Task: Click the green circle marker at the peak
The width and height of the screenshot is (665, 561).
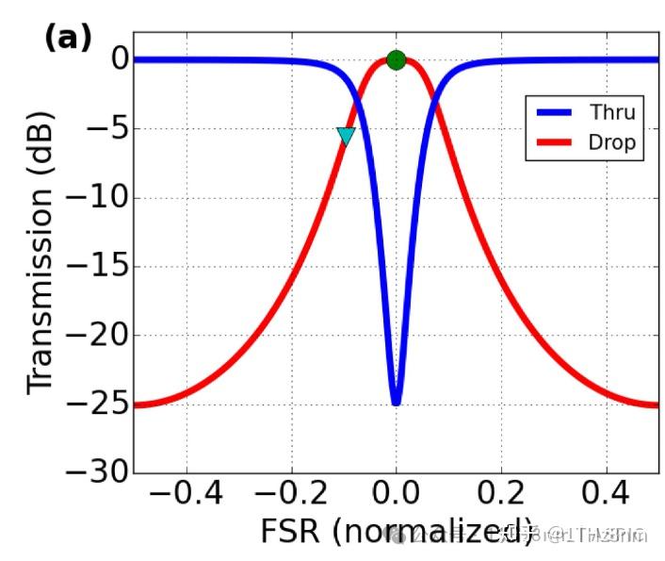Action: pos(396,60)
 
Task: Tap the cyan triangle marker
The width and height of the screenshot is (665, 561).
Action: pos(346,137)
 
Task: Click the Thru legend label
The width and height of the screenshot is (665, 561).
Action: pos(612,113)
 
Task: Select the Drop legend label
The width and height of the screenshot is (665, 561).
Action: pos(612,143)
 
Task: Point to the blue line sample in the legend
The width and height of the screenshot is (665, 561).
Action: pos(557,113)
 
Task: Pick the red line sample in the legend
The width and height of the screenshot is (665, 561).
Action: pos(557,143)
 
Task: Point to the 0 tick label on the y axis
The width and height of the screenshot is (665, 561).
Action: pos(118,60)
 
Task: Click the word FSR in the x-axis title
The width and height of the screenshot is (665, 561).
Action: pos(291,532)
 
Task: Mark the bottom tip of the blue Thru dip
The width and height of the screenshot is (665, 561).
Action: pos(396,403)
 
